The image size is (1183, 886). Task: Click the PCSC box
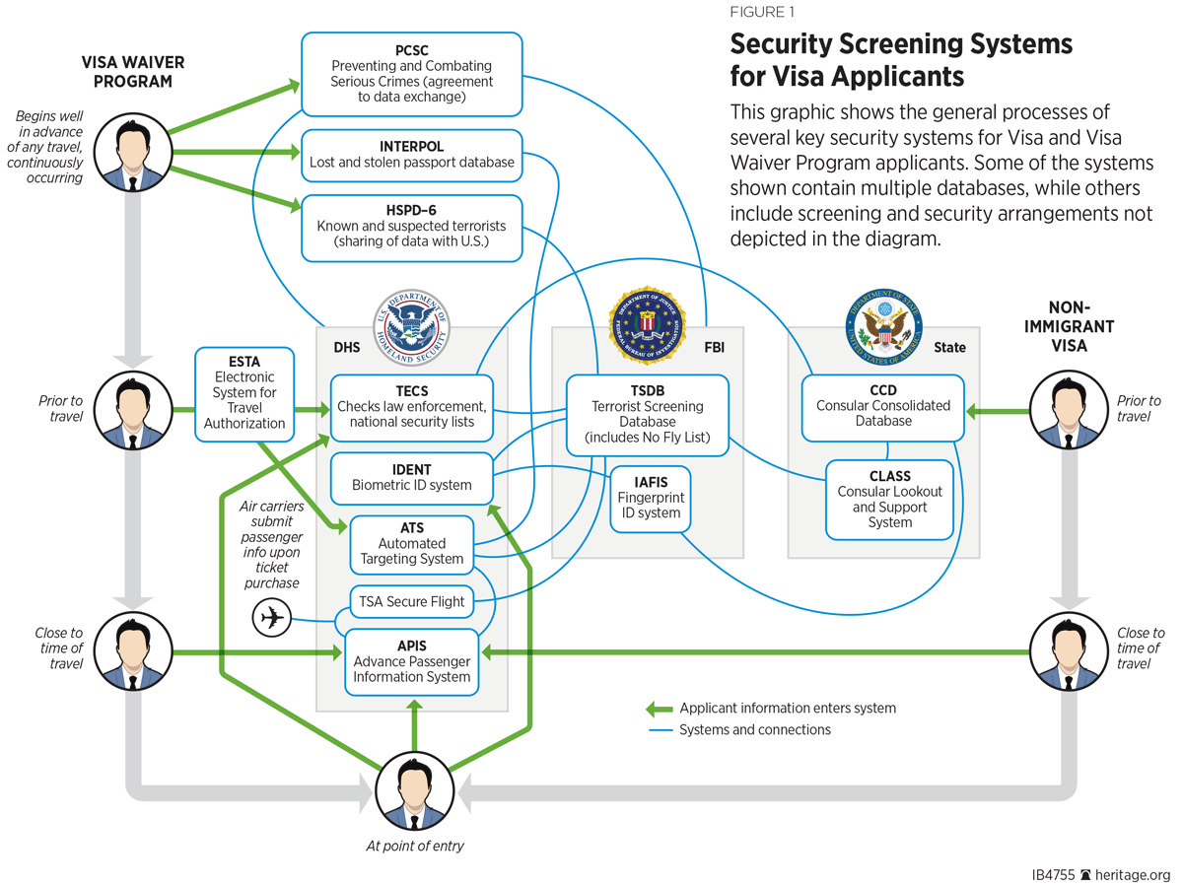coord(412,74)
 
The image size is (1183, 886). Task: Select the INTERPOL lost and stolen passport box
coord(412,155)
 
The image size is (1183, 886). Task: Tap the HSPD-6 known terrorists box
coord(412,228)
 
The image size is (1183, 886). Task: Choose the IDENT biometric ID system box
coord(411,478)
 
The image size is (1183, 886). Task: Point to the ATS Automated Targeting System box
coord(411,544)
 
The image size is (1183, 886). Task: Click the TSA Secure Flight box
coord(411,601)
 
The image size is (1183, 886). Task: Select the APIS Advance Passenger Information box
coord(411,661)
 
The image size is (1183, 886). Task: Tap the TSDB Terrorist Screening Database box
coord(647,414)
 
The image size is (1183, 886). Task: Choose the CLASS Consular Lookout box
coord(889,499)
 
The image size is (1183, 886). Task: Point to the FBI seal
coord(647,326)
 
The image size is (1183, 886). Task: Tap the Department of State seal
coord(883,326)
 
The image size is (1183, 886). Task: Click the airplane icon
coord(272,619)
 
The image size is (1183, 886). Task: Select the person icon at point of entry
coord(414,791)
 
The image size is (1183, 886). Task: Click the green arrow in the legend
coord(659,709)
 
